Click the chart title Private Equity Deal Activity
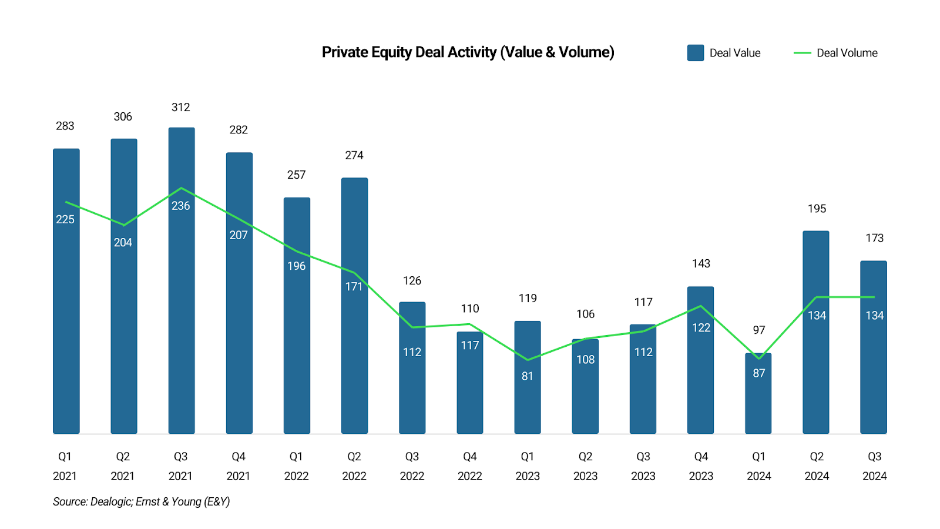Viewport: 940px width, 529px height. click(468, 52)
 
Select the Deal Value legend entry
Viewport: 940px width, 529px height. click(724, 53)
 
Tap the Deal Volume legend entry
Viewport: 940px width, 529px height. click(835, 53)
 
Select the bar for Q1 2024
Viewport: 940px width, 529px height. click(758, 400)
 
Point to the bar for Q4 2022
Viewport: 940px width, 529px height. click(470, 388)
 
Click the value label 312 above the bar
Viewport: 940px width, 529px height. click(181, 108)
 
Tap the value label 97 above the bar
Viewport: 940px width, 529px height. click(759, 330)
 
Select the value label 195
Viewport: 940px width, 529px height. click(817, 209)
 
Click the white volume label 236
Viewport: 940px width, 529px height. click(181, 206)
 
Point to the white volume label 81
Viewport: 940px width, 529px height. click(528, 376)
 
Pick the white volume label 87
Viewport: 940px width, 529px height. click(759, 373)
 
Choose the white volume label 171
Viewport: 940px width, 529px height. click(354, 287)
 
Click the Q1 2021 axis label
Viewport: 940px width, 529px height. click(65, 466)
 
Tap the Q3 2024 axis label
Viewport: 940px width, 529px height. click(874, 466)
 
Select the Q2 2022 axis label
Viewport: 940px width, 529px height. click(354, 466)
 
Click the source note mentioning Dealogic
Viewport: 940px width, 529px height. click(141, 501)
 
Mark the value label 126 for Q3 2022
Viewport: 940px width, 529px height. click(412, 281)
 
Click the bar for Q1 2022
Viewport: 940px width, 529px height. click(297, 329)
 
